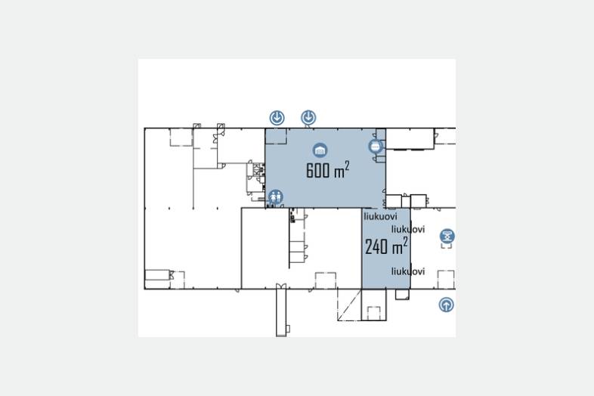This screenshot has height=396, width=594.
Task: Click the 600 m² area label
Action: click(327, 169)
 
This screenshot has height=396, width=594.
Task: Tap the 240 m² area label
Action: click(386, 246)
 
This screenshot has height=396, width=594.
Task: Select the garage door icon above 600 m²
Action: click(320, 150)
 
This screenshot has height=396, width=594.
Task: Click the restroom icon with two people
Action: click(276, 196)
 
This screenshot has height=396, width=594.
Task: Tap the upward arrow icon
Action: click(447, 305)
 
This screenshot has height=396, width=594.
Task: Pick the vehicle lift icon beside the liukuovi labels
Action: click(447, 236)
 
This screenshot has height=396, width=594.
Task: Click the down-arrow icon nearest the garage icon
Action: click(309, 117)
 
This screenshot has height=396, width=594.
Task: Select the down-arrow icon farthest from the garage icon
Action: click(277, 117)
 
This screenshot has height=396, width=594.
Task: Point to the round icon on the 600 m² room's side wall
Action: click(376, 147)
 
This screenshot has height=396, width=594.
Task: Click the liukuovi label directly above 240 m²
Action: click(380, 216)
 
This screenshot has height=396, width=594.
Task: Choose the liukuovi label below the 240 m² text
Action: click(408, 271)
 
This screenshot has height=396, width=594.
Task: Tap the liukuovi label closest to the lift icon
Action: click(408, 229)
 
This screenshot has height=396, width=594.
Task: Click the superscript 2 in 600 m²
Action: click(347, 166)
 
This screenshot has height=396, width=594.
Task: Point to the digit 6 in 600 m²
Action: click(310, 170)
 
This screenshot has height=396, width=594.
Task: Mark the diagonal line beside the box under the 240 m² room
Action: click(349, 305)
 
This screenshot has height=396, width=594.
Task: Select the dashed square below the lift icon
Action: click(446, 280)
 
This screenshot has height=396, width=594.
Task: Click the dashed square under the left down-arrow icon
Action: click(276, 137)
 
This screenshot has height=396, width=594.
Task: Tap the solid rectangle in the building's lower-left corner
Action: click(157, 275)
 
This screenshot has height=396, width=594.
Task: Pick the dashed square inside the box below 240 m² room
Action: click(374, 313)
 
